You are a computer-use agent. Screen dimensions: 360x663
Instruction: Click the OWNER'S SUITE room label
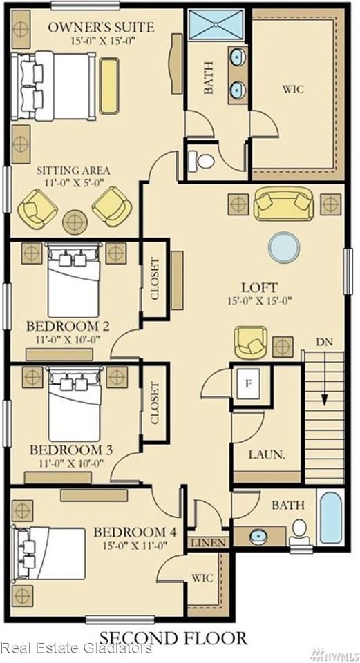[101, 28]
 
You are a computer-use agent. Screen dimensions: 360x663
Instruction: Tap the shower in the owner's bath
[216, 25]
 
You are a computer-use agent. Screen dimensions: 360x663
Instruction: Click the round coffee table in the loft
[284, 247]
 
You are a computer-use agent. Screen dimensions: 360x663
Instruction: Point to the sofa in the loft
[283, 204]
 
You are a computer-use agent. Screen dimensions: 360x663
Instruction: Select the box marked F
[249, 384]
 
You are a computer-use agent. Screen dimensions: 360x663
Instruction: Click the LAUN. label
[267, 455]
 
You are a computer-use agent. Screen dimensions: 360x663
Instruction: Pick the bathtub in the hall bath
[331, 517]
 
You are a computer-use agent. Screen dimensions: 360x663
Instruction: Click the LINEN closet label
[209, 543]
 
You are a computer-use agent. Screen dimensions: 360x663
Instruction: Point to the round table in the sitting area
[75, 222]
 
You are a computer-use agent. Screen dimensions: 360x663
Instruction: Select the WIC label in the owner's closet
[294, 89]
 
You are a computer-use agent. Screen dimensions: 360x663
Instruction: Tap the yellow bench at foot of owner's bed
[109, 86]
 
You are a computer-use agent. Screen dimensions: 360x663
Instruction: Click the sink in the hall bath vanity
[257, 536]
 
